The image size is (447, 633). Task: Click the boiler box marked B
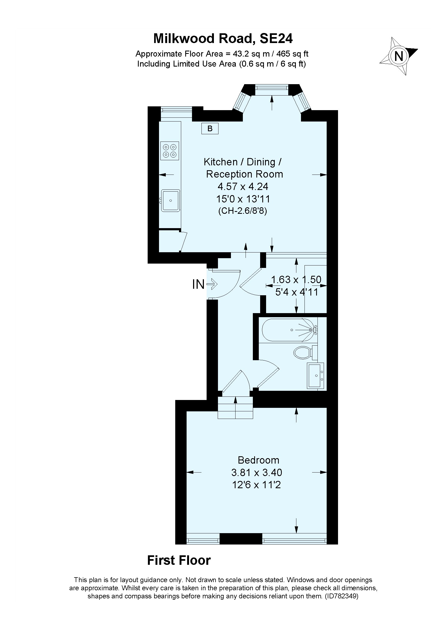coord(210,129)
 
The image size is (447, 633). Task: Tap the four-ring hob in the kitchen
coord(170,151)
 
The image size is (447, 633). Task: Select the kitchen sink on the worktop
coord(170,201)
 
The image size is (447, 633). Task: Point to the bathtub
coord(289,330)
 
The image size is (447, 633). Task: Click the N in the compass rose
coord(399,56)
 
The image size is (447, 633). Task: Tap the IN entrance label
coord(198,284)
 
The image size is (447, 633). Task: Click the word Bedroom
coord(258,460)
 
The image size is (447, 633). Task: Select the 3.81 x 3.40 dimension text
coord(256,473)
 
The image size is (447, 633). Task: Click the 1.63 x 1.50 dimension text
coord(296,280)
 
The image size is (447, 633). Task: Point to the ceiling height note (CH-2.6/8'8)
coord(243,211)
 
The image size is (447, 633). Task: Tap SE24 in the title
coord(276,39)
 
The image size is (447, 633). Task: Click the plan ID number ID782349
coord(342,595)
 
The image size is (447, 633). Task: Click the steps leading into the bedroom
coord(235,408)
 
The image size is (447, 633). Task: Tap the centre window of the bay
coord(271,87)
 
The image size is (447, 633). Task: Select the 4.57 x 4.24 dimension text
coord(243,187)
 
